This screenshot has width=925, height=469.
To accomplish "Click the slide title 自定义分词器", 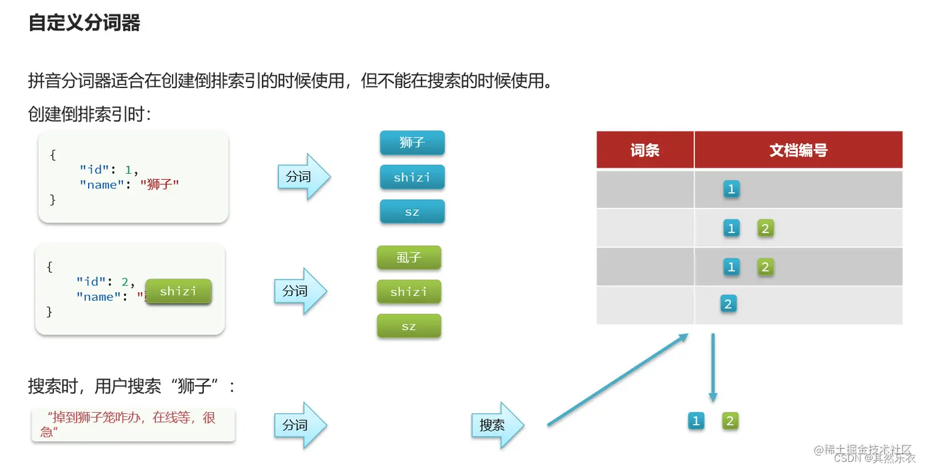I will [x=84, y=24].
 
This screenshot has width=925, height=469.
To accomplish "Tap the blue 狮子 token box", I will [x=412, y=143].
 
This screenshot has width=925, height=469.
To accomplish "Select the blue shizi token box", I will [x=412, y=177].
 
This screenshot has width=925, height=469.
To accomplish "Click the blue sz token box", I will [x=412, y=212].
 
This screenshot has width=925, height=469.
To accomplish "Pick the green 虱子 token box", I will [x=409, y=257].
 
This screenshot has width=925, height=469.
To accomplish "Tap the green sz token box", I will [x=409, y=326].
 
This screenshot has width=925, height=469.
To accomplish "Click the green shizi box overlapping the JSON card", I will [x=178, y=292].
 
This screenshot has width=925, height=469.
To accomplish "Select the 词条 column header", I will [x=645, y=150].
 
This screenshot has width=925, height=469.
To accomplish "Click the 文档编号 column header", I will [x=798, y=150].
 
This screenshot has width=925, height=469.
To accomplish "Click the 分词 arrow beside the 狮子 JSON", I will [x=303, y=177].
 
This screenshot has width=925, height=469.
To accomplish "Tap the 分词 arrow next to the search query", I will [x=300, y=425].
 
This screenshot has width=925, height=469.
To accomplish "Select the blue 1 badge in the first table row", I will [x=731, y=190].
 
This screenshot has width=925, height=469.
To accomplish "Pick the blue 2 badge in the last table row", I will [x=727, y=304].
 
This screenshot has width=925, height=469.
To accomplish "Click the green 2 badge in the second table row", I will [x=765, y=229].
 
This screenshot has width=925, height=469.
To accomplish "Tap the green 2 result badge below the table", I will [x=730, y=421].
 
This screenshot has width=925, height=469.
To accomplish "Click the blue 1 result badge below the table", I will [x=696, y=421].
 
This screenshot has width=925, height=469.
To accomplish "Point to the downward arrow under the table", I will [x=713, y=367].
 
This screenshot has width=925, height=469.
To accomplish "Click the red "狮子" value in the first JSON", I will [x=159, y=185].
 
